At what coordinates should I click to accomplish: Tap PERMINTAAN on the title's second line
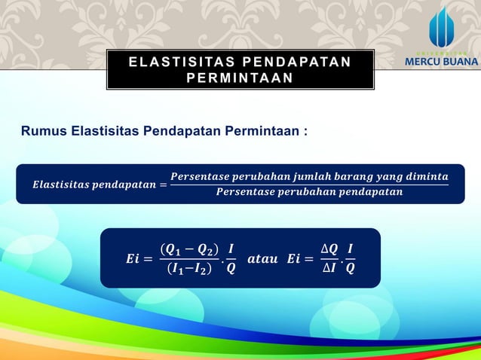click(x=240, y=78)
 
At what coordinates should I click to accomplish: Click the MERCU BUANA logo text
click(x=442, y=61)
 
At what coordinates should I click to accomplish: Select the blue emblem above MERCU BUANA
click(x=442, y=28)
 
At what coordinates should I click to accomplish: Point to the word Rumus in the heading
click(x=44, y=132)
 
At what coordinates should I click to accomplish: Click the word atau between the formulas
click(x=263, y=258)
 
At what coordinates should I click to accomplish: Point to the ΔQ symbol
click(x=329, y=249)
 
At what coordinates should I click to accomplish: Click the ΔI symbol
click(x=329, y=269)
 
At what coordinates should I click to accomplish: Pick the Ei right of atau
click(x=296, y=259)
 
